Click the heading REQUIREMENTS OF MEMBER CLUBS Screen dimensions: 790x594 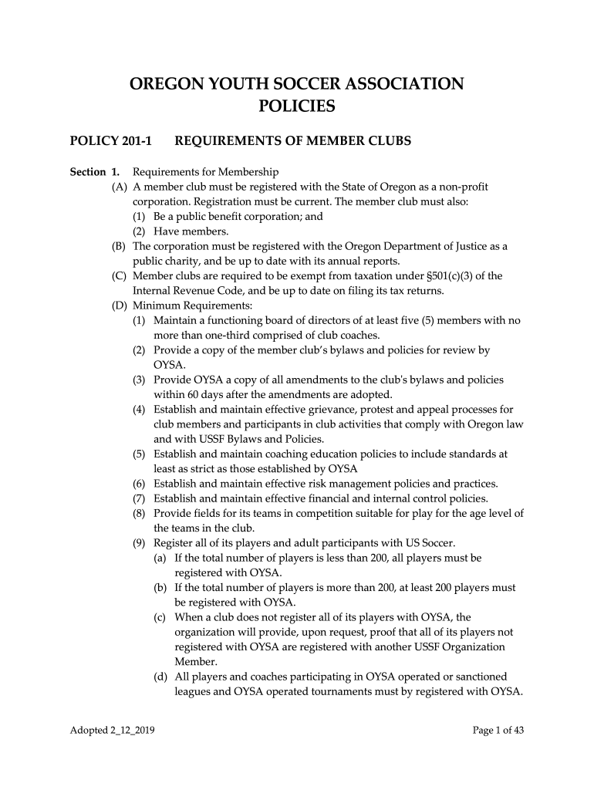pos(293,141)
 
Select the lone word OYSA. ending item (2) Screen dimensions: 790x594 pos(169,365)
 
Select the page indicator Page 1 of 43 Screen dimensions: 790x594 pos(498,731)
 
